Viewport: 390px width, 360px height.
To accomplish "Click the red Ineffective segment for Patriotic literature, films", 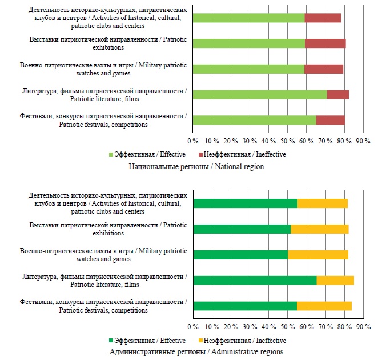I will (x=337, y=94).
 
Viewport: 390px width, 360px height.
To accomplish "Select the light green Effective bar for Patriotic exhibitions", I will (x=249, y=43).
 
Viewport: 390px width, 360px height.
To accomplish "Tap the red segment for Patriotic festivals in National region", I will (x=330, y=120).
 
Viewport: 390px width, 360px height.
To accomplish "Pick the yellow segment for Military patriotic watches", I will (x=317, y=255).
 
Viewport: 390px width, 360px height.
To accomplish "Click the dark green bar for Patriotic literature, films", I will (x=255, y=280).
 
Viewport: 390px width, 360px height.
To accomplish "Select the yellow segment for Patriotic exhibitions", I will (x=319, y=229).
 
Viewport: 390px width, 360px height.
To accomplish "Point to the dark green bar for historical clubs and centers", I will (x=245, y=203).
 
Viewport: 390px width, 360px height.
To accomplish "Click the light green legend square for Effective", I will (x=111, y=154).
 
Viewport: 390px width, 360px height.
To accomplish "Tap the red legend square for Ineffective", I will (x=201, y=154).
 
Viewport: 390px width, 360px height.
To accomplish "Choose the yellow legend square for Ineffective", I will (x=201, y=340).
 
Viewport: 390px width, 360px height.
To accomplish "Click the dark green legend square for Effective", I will (x=111, y=340).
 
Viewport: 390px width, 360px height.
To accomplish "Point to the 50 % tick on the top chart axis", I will (x=288, y=140).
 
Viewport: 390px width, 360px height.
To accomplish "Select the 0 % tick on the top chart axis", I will (x=193, y=140).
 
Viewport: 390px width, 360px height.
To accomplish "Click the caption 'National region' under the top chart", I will (x=195, y=166).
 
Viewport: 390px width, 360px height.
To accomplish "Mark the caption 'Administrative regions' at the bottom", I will (x=195, y=351).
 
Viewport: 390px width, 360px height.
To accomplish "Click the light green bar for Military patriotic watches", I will (x=248, y=69).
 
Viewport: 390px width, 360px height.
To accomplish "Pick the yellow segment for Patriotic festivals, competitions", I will (x=324, y=306).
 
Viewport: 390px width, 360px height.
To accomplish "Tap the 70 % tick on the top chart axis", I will (x=325, y=140).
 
